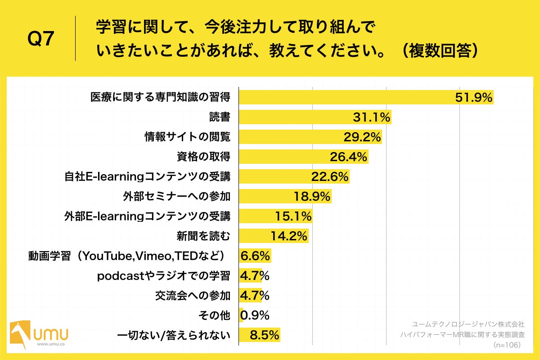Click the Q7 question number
tap(41, 40)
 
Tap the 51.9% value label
tap(474, 98)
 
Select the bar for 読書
tap(315, 117)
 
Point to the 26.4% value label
tap(348, 157)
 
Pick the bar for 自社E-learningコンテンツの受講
tap(293, 177)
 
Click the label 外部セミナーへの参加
tap(176, 197)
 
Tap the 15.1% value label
tap(293, 216)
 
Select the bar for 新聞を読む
tap(273, 236)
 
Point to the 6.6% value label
tap(256, 256)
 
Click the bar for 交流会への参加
tap(250, 296)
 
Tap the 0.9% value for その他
tap(255, 315)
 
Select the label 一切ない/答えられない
tap(174, 335)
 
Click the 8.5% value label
tap(265, 335)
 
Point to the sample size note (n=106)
tap(507, 345)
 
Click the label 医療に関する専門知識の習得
tap(160, 98)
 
